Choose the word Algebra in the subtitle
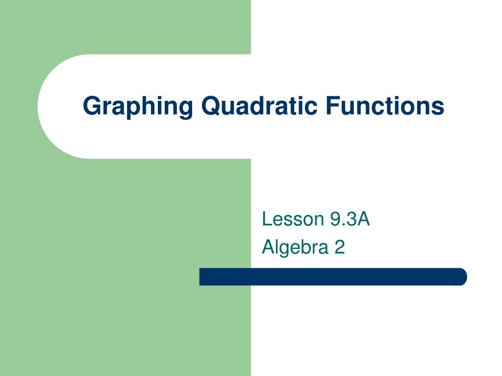(295, 247)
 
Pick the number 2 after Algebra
(340, 247)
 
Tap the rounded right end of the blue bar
(461, 277)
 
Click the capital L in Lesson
(266, 219)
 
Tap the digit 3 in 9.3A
(351, 219)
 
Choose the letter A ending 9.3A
(363, 219)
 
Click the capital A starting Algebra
(268, 247)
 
